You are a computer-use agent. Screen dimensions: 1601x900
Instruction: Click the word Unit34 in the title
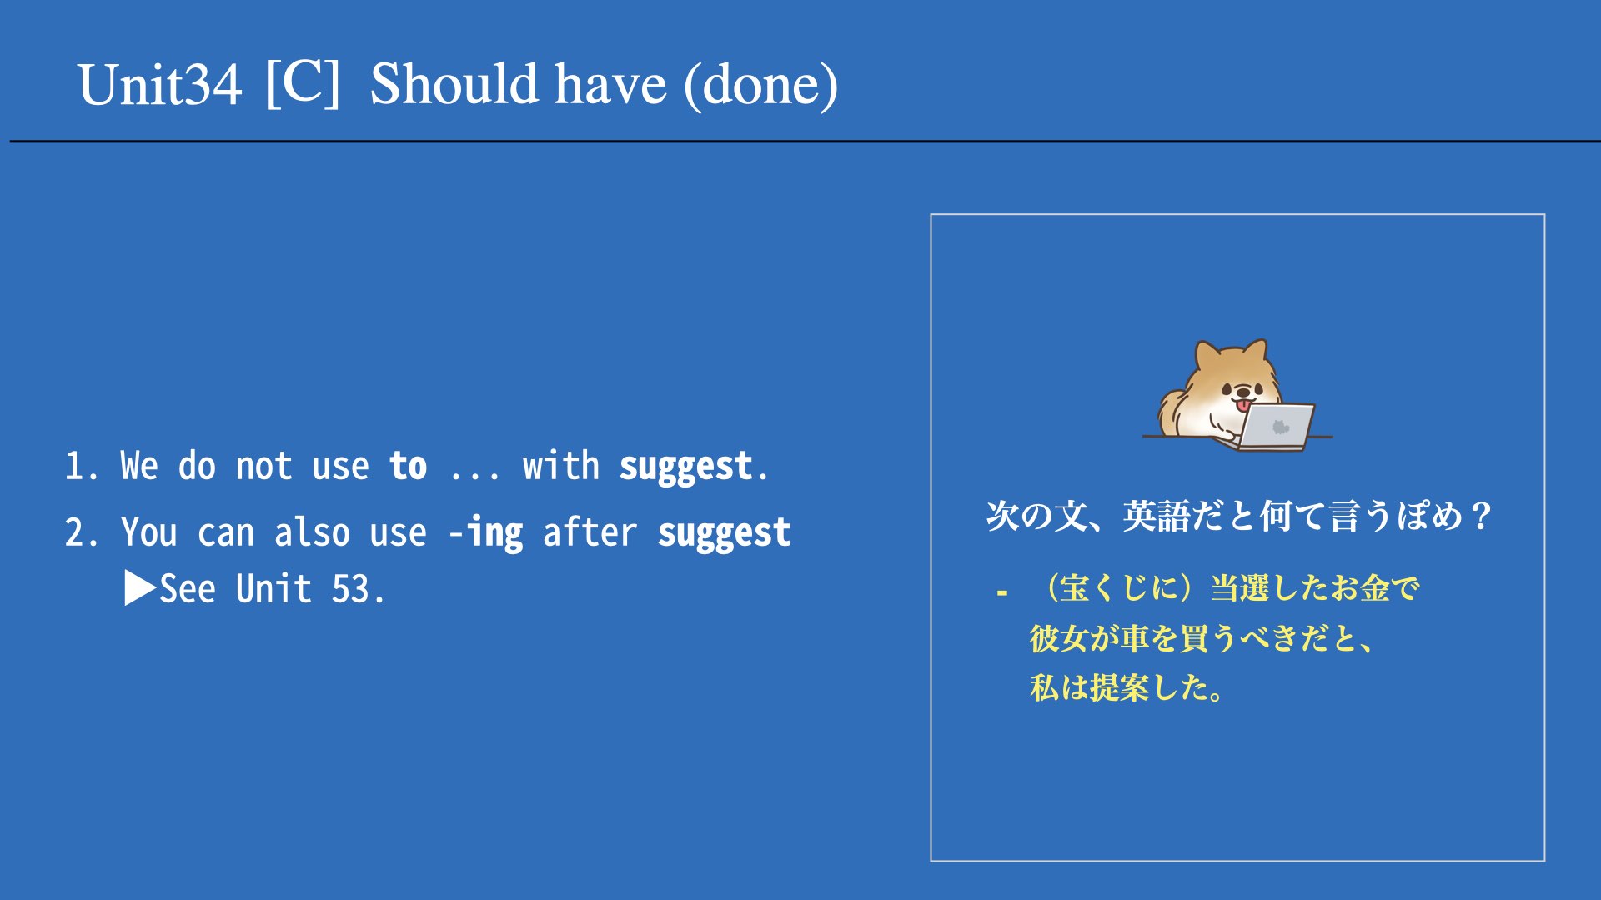(x=160, y=85)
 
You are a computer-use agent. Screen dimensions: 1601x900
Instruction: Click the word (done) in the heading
(x=760, y=85)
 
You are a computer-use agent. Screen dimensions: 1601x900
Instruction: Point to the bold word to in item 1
(x=408, y=466)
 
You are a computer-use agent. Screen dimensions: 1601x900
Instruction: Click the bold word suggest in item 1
(x=685, y=467)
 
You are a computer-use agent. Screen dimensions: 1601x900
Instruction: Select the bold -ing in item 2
(x=486, y=533)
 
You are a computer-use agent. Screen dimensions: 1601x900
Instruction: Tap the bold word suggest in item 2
(x=724, y=534)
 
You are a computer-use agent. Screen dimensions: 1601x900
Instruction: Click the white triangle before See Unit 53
(x=140, y=588)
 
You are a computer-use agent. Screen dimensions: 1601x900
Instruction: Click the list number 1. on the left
(x=82, y=467)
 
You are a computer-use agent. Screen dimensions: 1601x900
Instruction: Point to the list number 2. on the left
(x=82, y=533)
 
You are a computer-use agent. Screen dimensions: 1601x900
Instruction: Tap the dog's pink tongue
(x=1243, y=406)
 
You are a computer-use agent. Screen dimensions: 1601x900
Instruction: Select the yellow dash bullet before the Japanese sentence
(x=1002, y=593)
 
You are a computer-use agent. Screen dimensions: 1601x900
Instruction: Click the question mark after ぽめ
(x=1482, y=517)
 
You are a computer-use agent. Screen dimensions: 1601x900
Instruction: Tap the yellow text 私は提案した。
(x=1127, y=688)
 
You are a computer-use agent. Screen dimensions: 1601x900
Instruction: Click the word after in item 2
(x=590, y=533)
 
